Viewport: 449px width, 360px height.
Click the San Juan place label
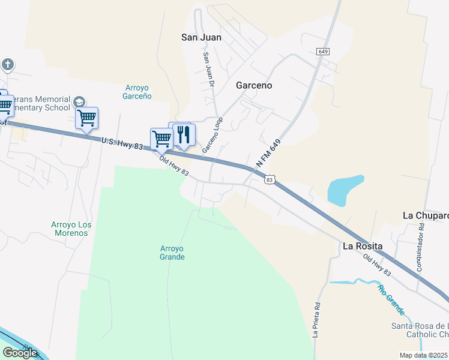201,37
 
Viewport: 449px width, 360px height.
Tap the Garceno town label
253,85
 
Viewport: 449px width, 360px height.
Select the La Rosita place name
363,246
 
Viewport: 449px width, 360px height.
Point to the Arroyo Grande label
172,253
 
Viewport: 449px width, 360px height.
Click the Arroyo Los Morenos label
71,229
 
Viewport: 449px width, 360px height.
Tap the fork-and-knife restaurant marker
184,134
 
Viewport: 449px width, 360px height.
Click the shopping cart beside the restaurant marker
161,139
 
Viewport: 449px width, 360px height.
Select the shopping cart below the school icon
87,118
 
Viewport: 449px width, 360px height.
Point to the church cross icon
7,65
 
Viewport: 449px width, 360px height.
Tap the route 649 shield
324,52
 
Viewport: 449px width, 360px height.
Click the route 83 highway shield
270,179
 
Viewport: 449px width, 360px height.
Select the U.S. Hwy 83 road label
122,143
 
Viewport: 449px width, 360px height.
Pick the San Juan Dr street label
208,70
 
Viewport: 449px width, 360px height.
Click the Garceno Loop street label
212,135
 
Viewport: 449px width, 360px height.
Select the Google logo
20,353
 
